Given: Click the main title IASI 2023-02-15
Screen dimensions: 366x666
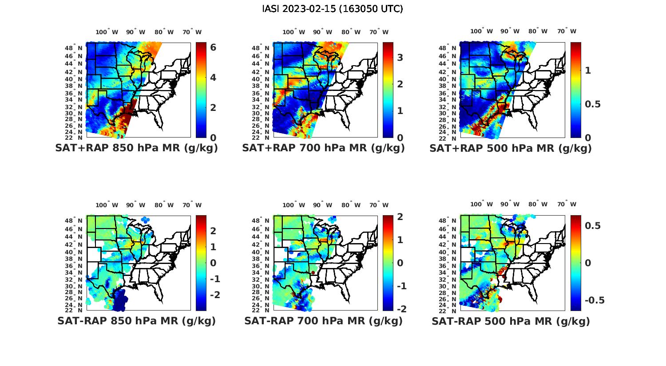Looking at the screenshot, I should click(333, 9).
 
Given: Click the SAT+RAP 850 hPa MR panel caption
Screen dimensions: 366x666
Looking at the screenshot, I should click(136, 148).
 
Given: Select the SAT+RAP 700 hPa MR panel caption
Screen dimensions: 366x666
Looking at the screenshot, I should click(323, 148).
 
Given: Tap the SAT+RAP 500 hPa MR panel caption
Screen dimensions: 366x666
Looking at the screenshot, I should click(511, 148).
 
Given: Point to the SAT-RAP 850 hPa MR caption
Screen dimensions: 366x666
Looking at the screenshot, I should click(136, 321).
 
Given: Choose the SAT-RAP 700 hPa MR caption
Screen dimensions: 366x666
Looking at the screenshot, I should click(323, 321).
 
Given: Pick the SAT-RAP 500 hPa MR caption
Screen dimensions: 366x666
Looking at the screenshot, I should click(511, 321).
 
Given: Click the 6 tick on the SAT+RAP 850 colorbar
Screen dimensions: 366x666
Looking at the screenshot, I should click(213, 47).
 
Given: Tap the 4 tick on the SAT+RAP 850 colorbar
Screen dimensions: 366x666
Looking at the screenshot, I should click(213, 77).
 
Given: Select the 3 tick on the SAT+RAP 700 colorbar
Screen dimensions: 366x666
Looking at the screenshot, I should click(400, 57).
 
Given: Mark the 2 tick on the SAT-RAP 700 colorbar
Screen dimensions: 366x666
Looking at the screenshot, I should click(400, 216).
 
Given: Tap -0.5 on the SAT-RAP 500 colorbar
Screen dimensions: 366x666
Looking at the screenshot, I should click(595, 300).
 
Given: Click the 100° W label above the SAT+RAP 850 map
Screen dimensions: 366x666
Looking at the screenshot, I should click(107, 32).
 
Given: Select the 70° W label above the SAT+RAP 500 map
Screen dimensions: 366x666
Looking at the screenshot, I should click(567, 31).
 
